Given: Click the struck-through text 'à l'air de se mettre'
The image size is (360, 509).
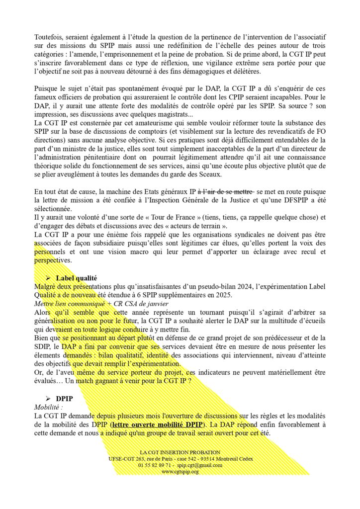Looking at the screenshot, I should (x=226, y=191).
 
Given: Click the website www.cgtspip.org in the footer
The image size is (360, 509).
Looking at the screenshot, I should (x=180, y=471).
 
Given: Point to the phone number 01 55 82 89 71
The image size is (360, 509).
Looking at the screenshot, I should (x=155, y=465).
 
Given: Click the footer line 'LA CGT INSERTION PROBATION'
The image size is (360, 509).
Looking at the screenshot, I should (x=180, y=452).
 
